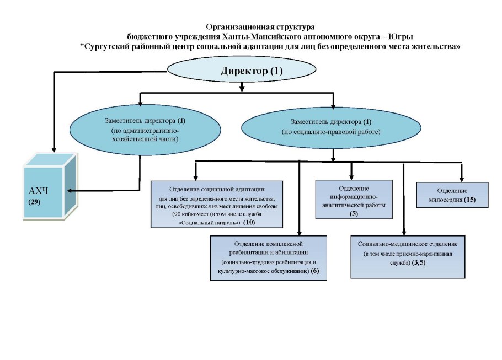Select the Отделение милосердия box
click(x=452, y=195)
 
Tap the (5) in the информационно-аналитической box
click(x=354, y=213)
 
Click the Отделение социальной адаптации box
click(x=216, y=203)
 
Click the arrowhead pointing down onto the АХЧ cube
click(x=53, y=149)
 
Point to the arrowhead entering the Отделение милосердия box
click(x=461, y=179)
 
